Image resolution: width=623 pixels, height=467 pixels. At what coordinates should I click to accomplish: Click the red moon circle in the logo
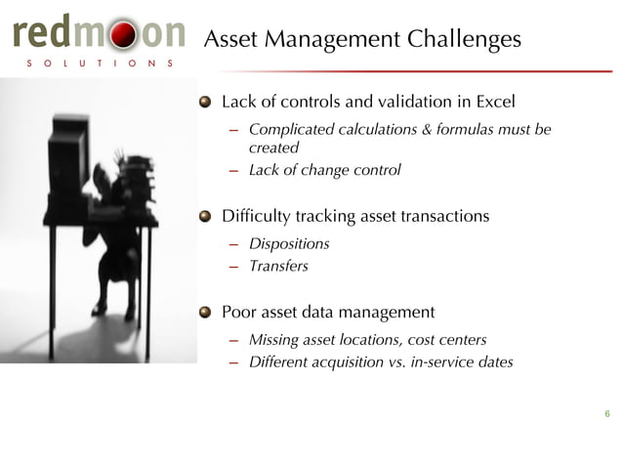click(119, 35)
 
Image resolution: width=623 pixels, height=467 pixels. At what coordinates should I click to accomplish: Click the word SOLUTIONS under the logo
click(96, 64)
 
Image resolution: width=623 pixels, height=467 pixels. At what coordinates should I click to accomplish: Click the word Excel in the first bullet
click(494, 102)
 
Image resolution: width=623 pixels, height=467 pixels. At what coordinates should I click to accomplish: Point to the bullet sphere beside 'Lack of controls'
click(205, 102)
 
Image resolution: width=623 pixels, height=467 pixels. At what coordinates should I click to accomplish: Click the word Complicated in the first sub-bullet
click(290, 130)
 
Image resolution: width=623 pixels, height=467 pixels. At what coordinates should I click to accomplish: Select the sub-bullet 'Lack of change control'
click(324, 170)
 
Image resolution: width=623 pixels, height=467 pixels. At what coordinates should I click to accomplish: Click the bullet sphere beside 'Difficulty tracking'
click(205, 216)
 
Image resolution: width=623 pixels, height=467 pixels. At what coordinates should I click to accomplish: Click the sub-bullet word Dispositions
click(289, 243)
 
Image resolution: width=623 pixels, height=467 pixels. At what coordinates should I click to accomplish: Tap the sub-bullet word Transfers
click(278, 266)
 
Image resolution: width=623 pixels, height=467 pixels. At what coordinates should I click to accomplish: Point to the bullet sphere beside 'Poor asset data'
click(205, 313)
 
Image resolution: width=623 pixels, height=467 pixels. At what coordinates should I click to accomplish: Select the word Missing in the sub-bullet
click(274, 340)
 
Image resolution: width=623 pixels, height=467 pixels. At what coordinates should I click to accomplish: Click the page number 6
click(606, 414)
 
